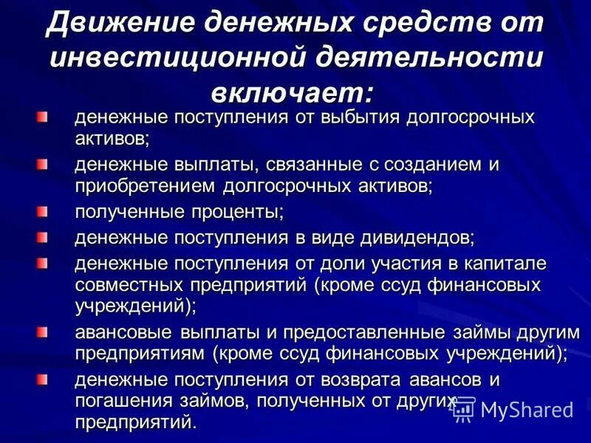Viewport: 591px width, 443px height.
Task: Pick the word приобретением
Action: tap(146, 185)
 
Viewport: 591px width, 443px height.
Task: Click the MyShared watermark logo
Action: tap(513, 408)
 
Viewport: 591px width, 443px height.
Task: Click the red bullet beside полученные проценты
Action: tap(43, 212)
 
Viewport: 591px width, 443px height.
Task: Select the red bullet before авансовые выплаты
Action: tap(43, 332)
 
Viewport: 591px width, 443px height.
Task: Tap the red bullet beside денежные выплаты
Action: tap(43, 165)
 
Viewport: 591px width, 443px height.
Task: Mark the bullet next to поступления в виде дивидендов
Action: tap(43, 238)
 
